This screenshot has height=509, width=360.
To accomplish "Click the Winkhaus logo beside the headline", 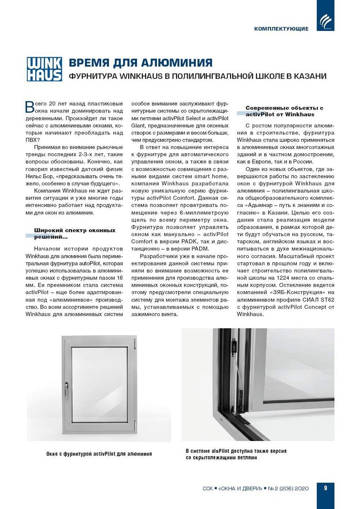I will click(x=44, y=69).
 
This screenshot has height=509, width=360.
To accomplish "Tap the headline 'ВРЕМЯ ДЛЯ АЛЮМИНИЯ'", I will click(x=140, y=63).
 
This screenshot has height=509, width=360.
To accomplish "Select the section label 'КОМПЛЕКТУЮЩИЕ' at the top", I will click(x=281, y=29).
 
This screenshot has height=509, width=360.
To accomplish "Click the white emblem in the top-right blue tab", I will click(x=325, y=21).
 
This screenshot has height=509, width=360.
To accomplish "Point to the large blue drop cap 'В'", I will click(x=29, y=107).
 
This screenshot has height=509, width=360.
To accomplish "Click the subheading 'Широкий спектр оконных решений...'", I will click(x=75, y=233).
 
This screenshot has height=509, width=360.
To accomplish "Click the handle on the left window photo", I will click(x=66, y=388).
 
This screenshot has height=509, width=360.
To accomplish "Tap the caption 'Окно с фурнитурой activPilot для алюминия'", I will click(x=99, y=454).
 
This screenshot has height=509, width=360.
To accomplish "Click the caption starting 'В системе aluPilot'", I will click(x=236, y=454).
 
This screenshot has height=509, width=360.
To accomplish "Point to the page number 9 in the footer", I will click(x=325, y=488).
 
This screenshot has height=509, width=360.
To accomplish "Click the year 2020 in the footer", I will click(x=302, y=488).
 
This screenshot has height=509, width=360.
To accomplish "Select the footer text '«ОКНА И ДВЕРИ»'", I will click(x=240, y=488).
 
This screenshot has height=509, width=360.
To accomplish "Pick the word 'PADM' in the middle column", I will click(x=200, y=249).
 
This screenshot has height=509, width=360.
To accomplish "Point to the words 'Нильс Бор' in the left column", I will click(x=39, y=176).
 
